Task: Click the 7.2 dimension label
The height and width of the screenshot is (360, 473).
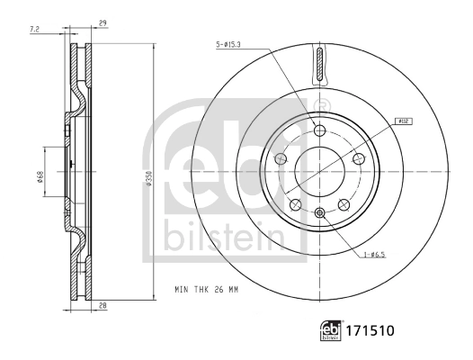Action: coord(35,30)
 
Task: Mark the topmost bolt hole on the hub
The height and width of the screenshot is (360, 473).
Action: coord(320,131)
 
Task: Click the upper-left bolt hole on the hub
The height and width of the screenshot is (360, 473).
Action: coord(281,159)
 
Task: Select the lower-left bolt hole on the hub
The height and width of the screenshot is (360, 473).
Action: coord(296,204)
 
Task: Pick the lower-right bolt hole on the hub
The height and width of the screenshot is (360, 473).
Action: coord(344,204)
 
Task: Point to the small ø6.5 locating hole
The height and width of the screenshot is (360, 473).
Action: coord(320,212)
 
